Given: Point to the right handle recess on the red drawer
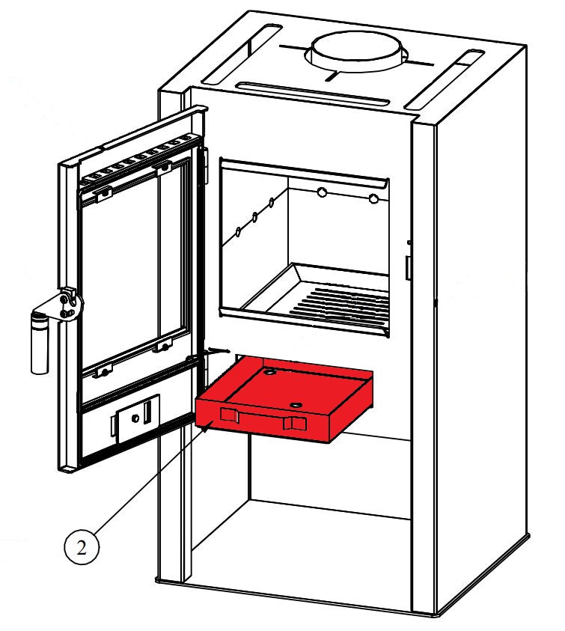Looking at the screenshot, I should [294, 424].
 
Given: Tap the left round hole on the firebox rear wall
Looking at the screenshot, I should [322, 193].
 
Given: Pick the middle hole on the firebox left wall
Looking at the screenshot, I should [255, 217].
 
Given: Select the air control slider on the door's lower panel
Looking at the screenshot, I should [138, 413].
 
